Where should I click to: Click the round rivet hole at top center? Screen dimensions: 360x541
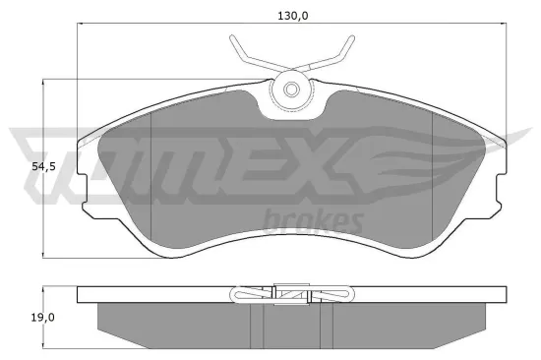291,90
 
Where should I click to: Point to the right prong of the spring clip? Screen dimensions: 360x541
343,48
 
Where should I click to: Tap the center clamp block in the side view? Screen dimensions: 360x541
291,293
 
